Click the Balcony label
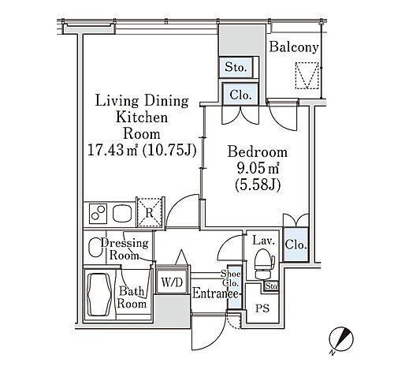coord(294,47)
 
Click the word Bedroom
coord(257,151)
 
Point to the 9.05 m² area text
coord(258,169)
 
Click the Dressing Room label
coord(125,249)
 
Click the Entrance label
coord(215,293)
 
